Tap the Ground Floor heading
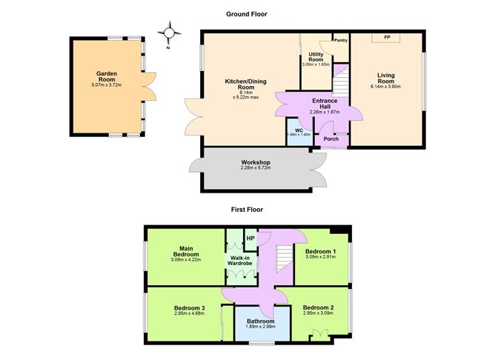click(246, 14)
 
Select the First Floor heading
click(246, 210)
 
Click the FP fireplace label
click(386, 37)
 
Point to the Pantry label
click(341, 41)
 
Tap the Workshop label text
click(255, 162)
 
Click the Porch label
click(330, 138)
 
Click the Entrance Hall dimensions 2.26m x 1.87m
click(325, 112)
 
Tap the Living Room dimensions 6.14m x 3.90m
click(385, 87)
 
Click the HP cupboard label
click(250, 239)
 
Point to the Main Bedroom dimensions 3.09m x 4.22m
click(186, 260)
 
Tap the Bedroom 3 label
click(190, 307)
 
